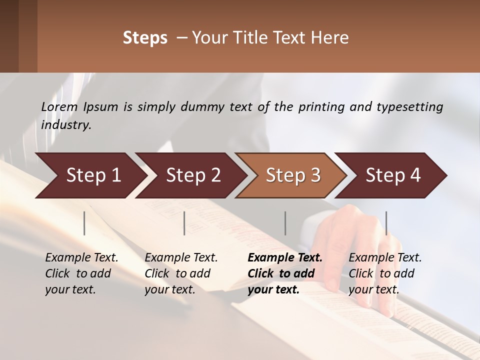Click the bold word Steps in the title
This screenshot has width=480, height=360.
(145, 38)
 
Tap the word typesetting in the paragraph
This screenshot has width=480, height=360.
(409, 107)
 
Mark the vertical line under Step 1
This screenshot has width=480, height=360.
(84, 223)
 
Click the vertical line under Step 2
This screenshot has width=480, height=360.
(184, 223)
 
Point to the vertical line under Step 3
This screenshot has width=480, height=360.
(285, 223)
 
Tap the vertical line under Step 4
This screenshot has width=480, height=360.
(386, 223)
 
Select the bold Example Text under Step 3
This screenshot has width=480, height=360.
(285, 257)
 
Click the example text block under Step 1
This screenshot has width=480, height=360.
(81, 273)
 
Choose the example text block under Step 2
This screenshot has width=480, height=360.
(181, 273)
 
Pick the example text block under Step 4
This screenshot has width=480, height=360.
(385, 273)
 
